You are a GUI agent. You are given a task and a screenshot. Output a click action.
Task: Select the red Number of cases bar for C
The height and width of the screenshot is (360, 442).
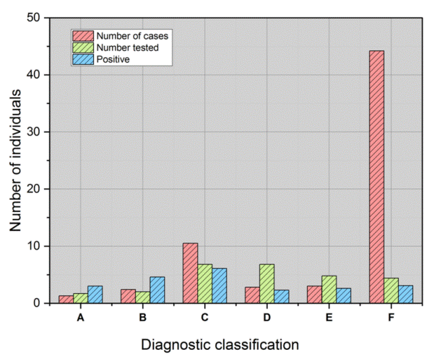(x=190, y=273)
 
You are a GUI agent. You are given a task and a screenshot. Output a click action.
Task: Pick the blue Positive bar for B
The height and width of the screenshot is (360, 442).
(x=157, y=290)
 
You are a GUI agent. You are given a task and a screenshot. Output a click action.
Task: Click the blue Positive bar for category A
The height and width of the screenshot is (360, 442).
(x=95, y=294)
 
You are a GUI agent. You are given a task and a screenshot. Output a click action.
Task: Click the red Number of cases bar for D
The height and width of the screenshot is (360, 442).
(x=252, y=295)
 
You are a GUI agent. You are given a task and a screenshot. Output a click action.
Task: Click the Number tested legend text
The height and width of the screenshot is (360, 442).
(x=126, y=47)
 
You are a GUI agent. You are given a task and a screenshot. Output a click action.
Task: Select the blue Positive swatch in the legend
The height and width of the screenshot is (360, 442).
(x=83, y=59)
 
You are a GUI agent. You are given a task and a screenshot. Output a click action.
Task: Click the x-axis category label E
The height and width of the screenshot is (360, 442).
(x=328, y=317)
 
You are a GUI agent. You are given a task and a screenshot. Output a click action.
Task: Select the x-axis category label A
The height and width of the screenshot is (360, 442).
(x=80, y=317)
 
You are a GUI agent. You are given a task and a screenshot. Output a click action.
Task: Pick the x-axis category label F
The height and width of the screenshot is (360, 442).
(x=391, y=317)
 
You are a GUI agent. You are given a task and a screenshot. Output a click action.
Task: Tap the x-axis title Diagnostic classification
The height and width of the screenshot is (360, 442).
(x=220, y=344)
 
